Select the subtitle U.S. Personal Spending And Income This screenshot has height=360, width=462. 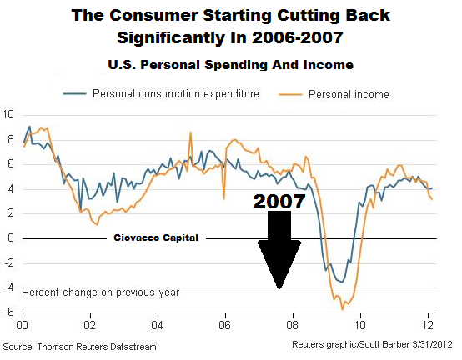(231, 65)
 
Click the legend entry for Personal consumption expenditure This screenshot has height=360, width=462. (161, 94)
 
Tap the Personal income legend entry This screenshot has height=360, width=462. (334, 94)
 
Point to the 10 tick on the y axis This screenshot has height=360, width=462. (8, 114)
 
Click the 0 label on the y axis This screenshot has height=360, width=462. (11, 237)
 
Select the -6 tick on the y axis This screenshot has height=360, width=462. (9, 312)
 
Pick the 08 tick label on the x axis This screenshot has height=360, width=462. (292, 325)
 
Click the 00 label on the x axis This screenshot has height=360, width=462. (22, 325)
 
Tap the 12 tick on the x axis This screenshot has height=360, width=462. (428, 325)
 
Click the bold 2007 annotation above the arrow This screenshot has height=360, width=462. (279, 202)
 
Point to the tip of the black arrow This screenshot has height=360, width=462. (279, 289)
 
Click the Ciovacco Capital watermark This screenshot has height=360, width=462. (156, 237)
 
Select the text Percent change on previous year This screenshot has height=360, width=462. (101, 292)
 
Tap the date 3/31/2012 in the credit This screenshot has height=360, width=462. (432, 344)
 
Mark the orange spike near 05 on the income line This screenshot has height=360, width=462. (191, 132)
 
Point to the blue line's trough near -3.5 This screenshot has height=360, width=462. (342, 282)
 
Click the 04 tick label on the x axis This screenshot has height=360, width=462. (157, 325)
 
